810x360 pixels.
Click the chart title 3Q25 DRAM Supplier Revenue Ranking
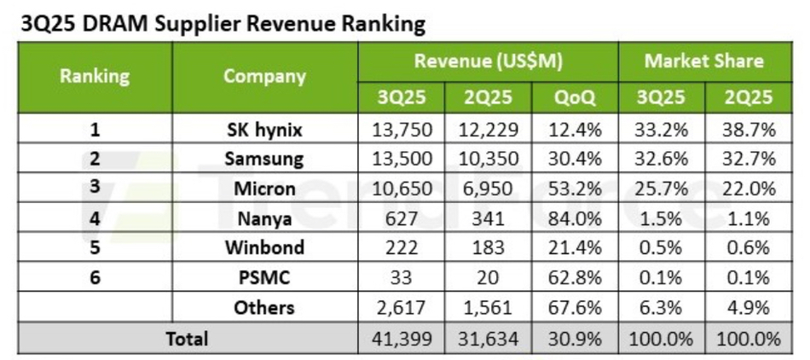click(223, 23)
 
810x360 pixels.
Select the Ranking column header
click(95, 76)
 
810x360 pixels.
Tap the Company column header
click(264, 76)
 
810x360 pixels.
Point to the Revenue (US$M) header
click(488, 61)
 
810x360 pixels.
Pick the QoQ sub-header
click(575, 96)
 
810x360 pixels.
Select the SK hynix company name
click(264, 131)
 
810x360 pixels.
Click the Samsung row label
click(264, 159)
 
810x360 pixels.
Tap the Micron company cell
click(264, 189)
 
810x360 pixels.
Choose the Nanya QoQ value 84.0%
click(575, 218)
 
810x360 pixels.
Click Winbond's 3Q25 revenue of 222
click(401, 248)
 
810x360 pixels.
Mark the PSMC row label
click(264, 278)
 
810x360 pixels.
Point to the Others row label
click(264, 308)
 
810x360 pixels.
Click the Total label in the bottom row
click(187, 338)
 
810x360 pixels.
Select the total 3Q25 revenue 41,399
click(401, 338)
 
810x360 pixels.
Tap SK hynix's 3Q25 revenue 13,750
click(401, 131)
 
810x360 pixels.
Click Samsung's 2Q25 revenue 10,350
click(488, 159)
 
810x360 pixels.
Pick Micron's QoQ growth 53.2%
click(575, 189)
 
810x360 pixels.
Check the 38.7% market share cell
click(748, 131)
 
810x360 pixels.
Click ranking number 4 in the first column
click(95, 218)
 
